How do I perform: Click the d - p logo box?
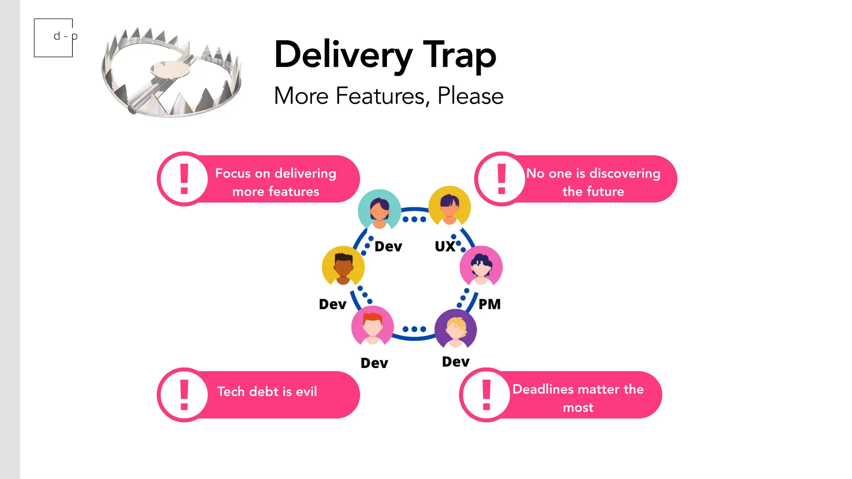coord(53,37)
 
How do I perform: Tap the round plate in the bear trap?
coord(170,69)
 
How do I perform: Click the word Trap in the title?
coord(459,55)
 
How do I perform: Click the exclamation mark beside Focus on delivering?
coord(184,179)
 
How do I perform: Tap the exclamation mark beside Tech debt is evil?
coord(184,395)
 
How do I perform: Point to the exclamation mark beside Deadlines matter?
coord(486,395)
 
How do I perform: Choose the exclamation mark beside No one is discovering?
coord(501,179)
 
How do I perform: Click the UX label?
coord(445,246)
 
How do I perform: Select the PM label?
coord(489,304)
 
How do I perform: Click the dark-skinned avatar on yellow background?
coord(343,267)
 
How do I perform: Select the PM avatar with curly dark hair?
coord(481,267)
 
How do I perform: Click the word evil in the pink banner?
coord(306,391)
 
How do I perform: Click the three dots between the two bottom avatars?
coord(414,329)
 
